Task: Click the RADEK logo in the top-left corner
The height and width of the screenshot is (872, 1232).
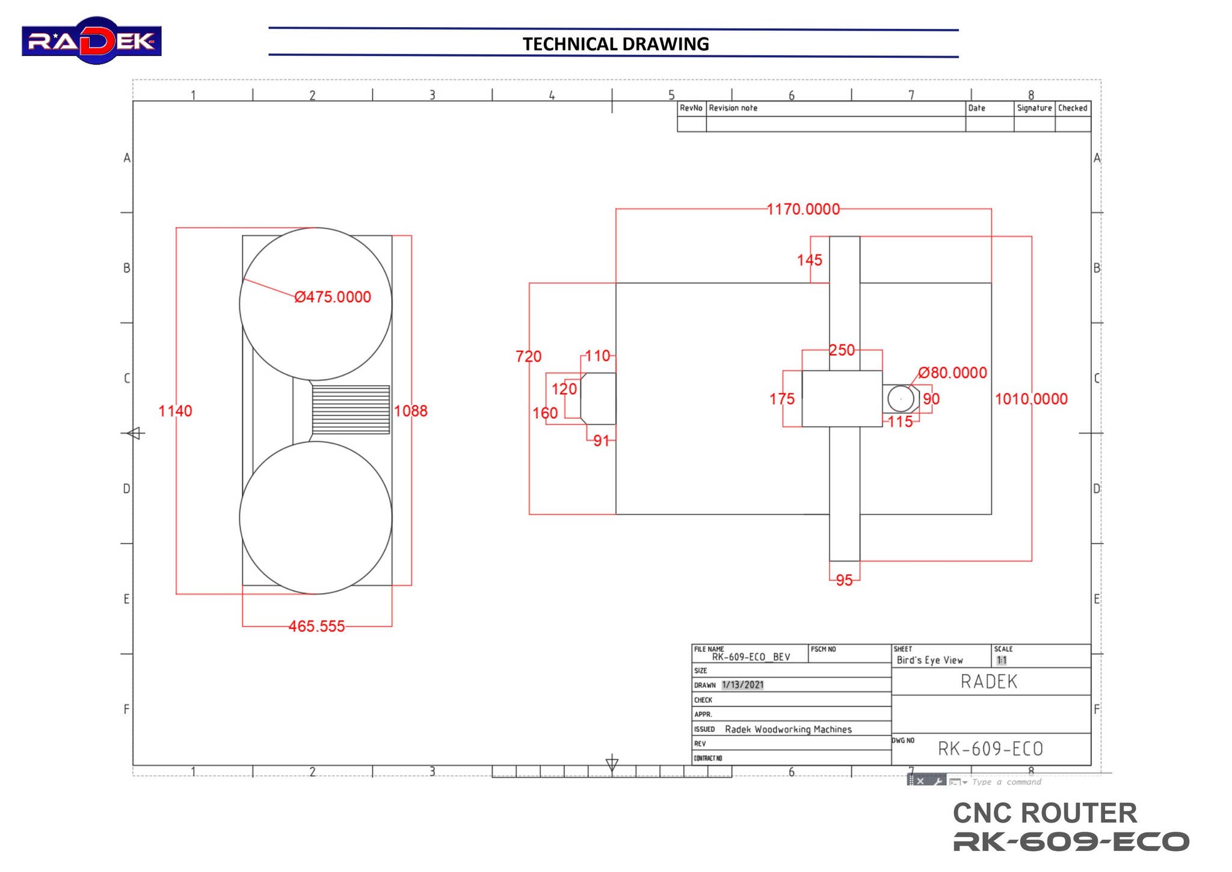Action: (91, 40)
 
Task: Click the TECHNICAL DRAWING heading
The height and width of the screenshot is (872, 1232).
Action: (615, 44)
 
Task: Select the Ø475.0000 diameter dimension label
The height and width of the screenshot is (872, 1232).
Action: (333, 297)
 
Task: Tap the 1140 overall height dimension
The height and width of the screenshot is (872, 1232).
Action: (175, 411)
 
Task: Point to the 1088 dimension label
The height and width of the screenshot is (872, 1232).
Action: (410, 411)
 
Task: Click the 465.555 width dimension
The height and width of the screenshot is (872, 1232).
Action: (316, 626)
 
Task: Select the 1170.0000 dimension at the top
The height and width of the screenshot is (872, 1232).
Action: (802, 209)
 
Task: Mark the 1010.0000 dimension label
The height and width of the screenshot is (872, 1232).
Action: (1030, 399)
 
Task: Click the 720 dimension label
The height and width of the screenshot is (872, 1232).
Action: (528, 356)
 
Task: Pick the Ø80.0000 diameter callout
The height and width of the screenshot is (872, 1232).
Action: (952, 373)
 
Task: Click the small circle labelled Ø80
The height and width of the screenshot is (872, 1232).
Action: (900, 398)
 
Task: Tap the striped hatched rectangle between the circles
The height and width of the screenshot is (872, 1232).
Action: (351, 409)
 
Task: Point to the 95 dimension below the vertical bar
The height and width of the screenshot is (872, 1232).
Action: (844, 580)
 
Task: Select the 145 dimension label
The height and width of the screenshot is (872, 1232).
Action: (809, 260)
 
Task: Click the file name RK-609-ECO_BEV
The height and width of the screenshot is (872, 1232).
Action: (751, 657)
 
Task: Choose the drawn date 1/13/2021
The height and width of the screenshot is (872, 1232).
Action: (742, 685)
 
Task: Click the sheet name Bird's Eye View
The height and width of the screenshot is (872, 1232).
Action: (929, 660)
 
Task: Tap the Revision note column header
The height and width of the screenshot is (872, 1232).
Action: (733, 108)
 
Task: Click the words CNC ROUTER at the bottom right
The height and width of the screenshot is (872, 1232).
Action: (1044, 813)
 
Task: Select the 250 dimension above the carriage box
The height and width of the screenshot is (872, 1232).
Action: (842, 350)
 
